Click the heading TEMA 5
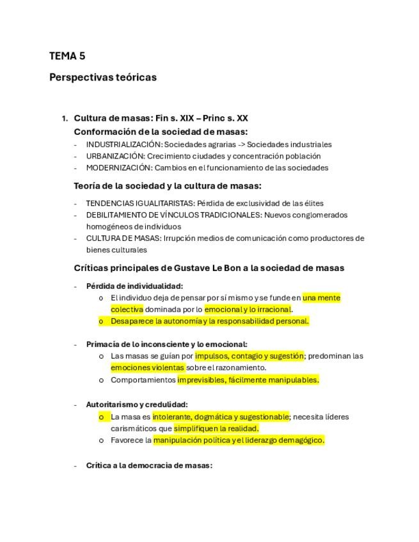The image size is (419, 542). [x=67, y=56]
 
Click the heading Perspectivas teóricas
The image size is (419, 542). [x=102, y=77]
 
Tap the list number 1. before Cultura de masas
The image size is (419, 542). [x=65, y=119]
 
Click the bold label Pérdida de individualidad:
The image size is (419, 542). [x=134, y=286]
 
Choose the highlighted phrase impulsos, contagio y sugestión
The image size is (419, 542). [x=249, y=356]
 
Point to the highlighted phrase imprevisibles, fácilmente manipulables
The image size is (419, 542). [x=248, y=380]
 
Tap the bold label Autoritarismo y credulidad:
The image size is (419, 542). [x=137, y=405]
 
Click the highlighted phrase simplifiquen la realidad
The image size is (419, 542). [x=216, y=428]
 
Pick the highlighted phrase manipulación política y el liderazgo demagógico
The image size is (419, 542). [x=238, y=440]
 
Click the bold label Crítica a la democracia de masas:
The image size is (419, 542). [x=149, y=465]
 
